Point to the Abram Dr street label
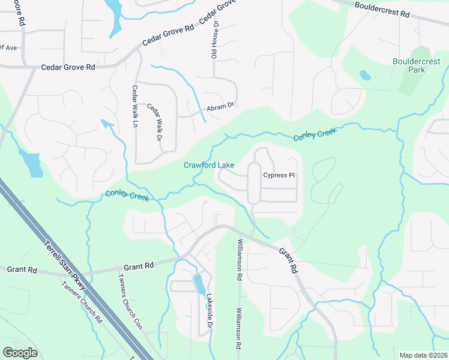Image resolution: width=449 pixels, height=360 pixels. click(x=219, y=107)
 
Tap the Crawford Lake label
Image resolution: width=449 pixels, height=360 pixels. click(x=208, y=165)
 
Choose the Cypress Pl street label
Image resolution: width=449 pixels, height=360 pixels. click(x=279, y=175)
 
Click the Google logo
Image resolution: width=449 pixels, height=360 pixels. click(x=20, y=352)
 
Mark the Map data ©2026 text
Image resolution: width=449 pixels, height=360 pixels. click(x=423, y=355)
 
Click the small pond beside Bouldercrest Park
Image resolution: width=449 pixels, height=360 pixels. click(x=365, y=76)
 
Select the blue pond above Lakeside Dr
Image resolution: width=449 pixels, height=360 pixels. click(x=199, y=283)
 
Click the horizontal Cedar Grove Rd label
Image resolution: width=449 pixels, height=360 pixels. click(x=68, y=68)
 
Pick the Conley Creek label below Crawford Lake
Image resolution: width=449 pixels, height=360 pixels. click(x=127, y=196)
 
